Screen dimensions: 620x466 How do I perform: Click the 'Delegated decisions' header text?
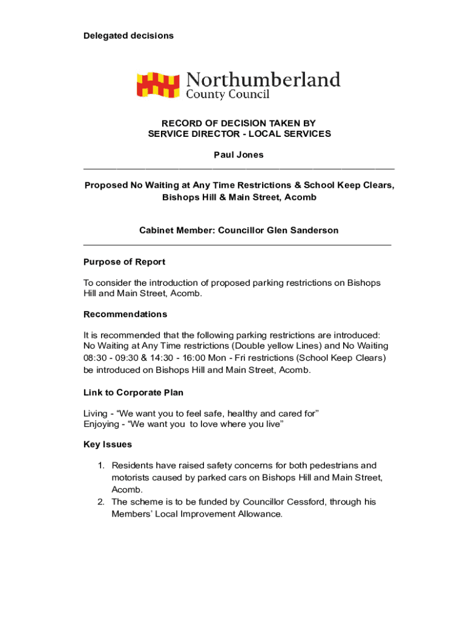pyautogui.click(x=128, y=36)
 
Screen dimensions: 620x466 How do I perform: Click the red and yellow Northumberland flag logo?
pyautogui.click(x=158, y=85)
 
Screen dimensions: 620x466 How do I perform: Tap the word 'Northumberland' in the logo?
pyautogui.click(x=263, y=81)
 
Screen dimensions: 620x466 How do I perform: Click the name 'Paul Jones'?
pyautogui.click(x=238, y=155)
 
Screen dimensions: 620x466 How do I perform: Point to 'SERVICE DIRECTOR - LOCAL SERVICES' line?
pyautogui.click(x=239, y=134)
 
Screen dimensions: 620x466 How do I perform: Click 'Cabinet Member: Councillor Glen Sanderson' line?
pyautogui.click(x=238, y=231)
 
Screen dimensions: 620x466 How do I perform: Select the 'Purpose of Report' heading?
pyautogui.click(x=124, y=262)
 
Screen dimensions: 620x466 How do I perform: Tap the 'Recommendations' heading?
pyautogui.click(x=125, y=314)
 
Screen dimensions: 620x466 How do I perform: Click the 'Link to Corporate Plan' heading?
pyautogui.click(x=133, y=393)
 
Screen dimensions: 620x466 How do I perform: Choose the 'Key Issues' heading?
pyautogui.click(x=108, y=445)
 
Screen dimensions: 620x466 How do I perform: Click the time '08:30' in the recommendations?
pyautogui.click(x=95, y=358)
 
